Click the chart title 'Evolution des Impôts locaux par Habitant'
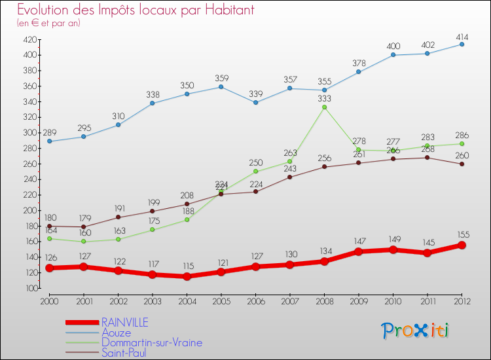(x=136, y=10)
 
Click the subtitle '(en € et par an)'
(x=48, y=23)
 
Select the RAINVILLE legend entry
(x=124, y=322)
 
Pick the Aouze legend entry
(x=116, y=333)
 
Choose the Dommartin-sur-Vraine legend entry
(x=151, y=342)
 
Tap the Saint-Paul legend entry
(x=124, y=353)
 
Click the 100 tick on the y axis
(x=30, y=288)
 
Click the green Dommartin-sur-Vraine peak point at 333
(x=324, y=107)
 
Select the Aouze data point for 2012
(x=462, y=44)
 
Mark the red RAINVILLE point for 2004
(x=187, y=276)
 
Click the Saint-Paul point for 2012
(x=462, y=164)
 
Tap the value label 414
(x=462, y=34)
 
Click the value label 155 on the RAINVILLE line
(x=462, y=234)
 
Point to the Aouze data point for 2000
(x=48, y=141)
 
